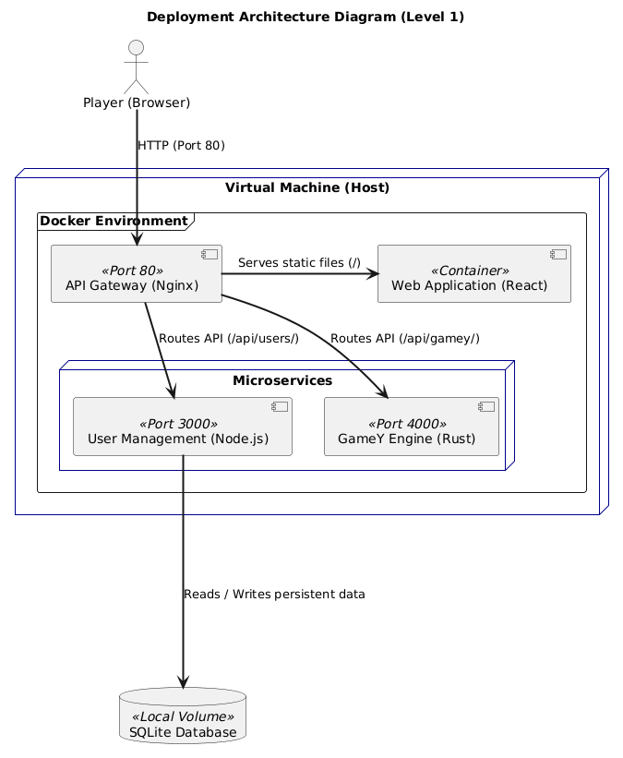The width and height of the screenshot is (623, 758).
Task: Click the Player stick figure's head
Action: [137, 49]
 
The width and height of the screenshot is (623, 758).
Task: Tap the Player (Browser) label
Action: [137, 102]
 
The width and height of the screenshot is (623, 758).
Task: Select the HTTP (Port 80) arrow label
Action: [181, 146]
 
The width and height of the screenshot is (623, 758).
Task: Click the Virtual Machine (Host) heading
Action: [307, 188]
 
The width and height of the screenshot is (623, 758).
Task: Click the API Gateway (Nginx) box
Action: [137, 273]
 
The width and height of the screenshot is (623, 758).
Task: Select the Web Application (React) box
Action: [474, 273]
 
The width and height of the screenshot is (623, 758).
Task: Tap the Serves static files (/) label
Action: [299, 263]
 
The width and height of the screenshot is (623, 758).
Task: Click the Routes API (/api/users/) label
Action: [229, 338]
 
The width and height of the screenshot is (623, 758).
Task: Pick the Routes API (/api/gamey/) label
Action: [404, 338]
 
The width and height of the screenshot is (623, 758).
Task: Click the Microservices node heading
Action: [282, 380]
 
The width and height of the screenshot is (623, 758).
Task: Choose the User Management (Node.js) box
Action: [183, 427]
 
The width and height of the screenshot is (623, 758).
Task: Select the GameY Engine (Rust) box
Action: [412, 427]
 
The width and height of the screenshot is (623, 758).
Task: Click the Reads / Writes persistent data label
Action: [274, 594]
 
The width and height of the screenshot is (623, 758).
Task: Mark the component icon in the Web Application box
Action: [557, 253]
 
